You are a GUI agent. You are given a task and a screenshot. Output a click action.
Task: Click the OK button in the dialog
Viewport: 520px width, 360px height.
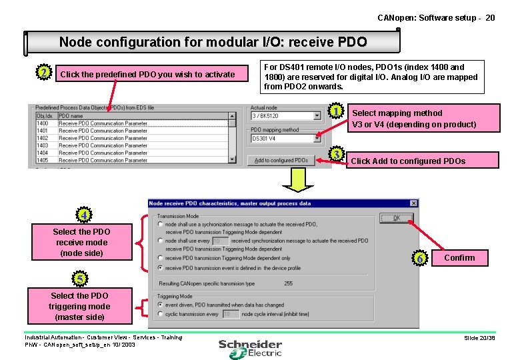(x=396, y=218)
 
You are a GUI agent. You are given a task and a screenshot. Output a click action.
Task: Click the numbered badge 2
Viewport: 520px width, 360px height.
(x=43, y=72)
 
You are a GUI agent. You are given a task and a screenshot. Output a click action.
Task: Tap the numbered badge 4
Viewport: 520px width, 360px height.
(x=83, y=215)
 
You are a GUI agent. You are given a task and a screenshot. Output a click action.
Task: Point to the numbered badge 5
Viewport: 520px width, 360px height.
(x=79, y=278)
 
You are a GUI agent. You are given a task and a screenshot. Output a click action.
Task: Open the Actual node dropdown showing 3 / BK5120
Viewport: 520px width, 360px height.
(x=285, y=116)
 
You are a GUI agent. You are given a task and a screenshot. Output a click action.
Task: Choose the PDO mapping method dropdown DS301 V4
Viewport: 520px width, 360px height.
(x=285, y=139)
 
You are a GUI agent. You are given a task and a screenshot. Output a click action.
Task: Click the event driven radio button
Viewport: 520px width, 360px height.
(x=160, y=305)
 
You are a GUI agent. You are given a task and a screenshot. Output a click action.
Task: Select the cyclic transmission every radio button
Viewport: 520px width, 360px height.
(x=160, y=314)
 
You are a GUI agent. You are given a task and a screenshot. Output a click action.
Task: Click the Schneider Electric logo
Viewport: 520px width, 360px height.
(x=250, y=347)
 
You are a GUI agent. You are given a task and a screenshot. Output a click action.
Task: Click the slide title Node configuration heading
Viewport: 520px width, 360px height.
(x=213, y=42)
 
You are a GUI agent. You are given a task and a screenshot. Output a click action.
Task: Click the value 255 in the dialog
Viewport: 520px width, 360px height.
(x=288, y=283)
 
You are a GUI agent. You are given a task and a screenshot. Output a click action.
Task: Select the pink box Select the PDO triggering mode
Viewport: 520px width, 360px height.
(x=79, y=306)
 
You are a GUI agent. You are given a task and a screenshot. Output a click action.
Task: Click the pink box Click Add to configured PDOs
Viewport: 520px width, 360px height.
(x=423, y=161)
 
